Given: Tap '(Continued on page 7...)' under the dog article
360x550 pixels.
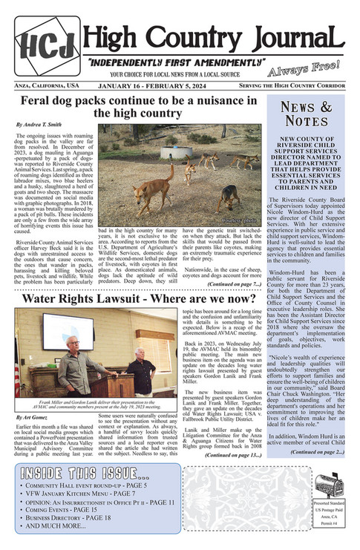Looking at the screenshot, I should click(233, 284).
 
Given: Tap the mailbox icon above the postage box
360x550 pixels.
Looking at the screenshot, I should click(329, 485).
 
